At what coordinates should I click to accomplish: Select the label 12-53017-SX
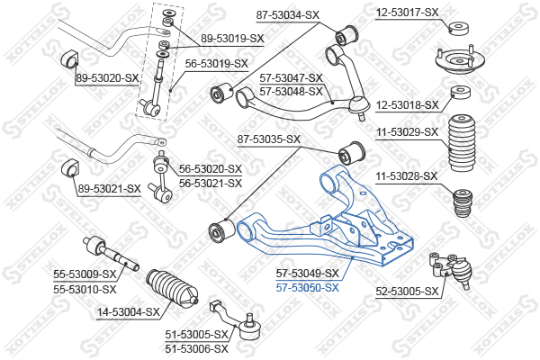tap(407, 13)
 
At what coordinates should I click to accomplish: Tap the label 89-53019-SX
tap(232, 39)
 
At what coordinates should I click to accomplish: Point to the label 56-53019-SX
tap(216, 64)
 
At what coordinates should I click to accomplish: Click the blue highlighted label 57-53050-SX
tap(307, 288)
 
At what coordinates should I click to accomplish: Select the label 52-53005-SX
tap(407, 292)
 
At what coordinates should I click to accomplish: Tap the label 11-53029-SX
tap(407, 132)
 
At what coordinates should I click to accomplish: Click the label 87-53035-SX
tap(268, 139)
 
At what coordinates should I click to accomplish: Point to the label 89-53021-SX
tap(109, 188)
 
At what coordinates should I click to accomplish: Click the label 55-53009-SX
tap(85, 274)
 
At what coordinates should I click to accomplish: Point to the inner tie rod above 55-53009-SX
tap(108, 252)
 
